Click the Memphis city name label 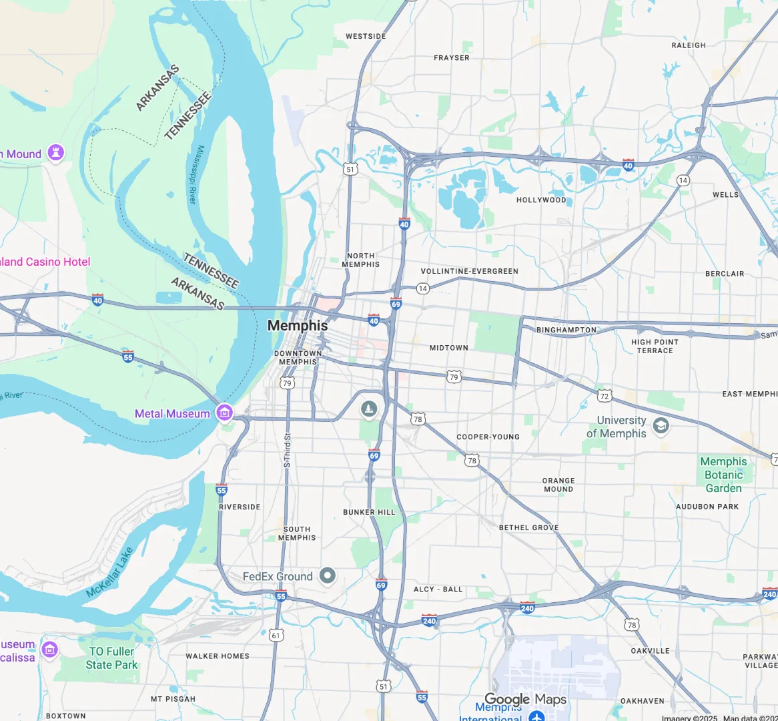[298, 326]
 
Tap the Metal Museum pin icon [225, 413]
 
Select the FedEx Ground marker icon [327, 575]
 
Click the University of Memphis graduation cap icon [661, 426]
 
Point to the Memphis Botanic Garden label [724, 475]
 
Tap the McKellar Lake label [110, 573]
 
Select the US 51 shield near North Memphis [351, 170]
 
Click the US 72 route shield [605, 396]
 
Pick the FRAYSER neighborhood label [452, 58]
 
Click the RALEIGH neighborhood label [689, 45]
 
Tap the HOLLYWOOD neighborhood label [541, 200]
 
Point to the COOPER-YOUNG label [488, 437]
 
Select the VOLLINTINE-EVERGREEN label [469, 272]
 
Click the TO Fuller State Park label [111, 658]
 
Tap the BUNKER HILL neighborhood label [369, 513]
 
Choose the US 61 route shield [276, 636]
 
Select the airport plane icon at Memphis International [536, 716]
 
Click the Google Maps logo [525, 700]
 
